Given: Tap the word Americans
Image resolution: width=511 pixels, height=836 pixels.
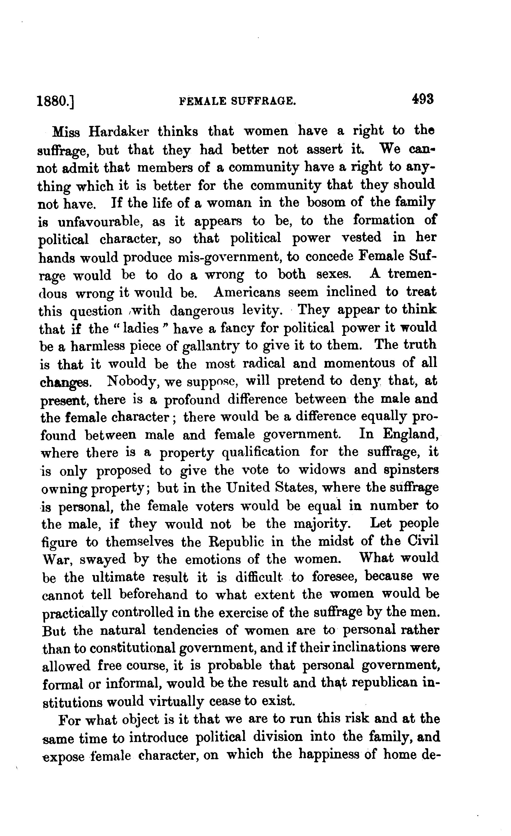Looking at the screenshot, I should tap(247, 292).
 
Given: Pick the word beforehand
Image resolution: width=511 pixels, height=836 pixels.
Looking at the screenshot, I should tap(154, 595).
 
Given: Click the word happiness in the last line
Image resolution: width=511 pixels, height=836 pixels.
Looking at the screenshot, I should tap(328, 755).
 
